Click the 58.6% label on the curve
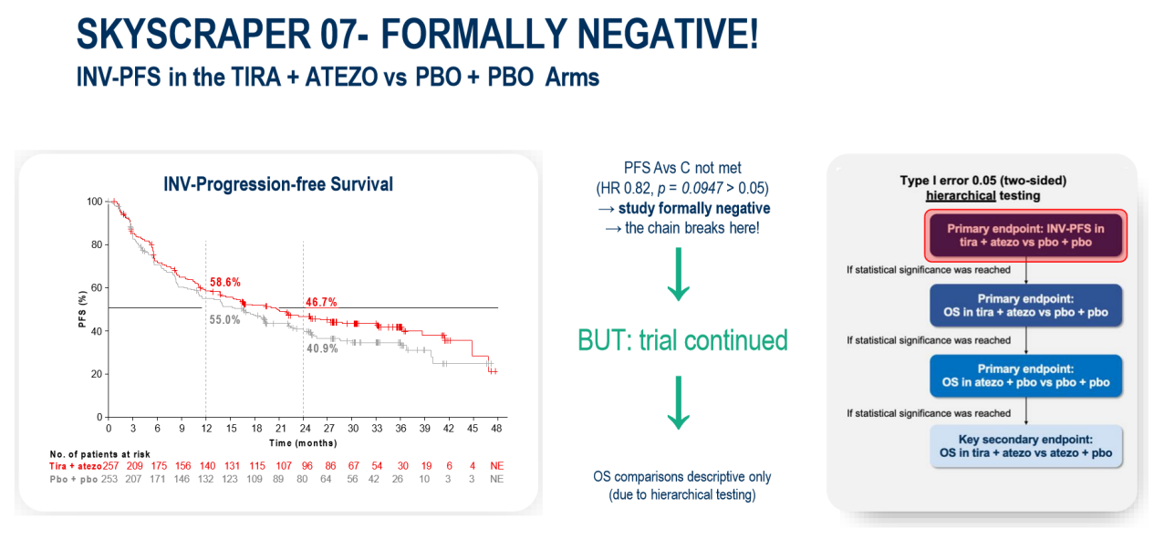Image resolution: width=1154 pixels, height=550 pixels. tap(224, 283)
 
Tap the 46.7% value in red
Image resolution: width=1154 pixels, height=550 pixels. tap(322, 302)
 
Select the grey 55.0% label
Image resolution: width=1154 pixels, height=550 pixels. tap(224, 320)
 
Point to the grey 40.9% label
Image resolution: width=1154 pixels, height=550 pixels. tap(322, 348)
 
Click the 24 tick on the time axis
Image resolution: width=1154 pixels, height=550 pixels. tap(303, 428)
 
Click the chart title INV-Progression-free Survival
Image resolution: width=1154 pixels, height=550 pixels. tap(278, 184)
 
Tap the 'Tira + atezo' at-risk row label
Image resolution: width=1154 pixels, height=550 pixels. tap(76, 466)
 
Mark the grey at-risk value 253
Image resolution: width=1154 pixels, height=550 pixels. tap(110, 478)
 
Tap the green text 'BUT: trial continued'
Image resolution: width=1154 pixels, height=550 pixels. tap(682, 340)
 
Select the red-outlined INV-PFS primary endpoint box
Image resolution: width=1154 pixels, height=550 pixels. tap(1026, 234)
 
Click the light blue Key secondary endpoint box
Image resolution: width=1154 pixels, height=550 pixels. tap(1026, 446)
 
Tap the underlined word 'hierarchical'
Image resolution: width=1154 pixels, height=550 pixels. tap(958, 195)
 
